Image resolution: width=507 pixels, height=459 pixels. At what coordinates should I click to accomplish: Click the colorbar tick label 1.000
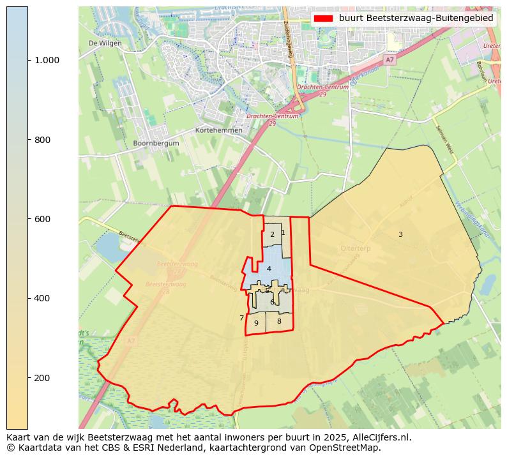click(x=47, y=60)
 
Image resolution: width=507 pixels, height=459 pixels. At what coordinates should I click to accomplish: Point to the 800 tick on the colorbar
click(x=42, y=140)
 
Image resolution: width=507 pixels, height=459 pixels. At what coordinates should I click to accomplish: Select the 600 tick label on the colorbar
click(x=42, y=219)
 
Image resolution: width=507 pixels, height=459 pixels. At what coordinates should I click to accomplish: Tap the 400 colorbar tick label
click(x=42, y=298)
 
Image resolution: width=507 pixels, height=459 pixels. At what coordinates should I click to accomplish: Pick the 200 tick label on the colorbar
click(x=42, y=378)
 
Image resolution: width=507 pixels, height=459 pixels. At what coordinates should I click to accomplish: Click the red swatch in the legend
click(x=324, y=19)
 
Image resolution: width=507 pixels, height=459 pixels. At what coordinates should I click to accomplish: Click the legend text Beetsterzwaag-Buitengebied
click(x=416, y=19)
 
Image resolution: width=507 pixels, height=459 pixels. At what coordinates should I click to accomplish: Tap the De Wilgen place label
click(x=105, y=43)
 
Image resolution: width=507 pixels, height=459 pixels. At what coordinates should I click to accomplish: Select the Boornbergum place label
click(x=156, y=144)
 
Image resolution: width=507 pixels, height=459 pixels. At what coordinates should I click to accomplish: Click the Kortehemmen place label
click(x=219, y=130)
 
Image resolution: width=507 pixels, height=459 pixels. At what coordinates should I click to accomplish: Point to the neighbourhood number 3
click(x=400, y=234)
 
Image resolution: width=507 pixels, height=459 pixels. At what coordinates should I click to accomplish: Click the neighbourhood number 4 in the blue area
click(x=269, y=269)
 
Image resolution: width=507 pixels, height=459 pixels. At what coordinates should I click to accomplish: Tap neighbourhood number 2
click(x=272, y=234)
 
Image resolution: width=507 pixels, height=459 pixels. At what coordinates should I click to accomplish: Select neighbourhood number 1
click(x=283, y=232)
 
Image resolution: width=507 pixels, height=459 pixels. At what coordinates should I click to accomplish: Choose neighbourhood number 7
click(x=241, y=318)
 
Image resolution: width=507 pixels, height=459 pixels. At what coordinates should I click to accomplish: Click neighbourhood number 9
click(x=256, y=323)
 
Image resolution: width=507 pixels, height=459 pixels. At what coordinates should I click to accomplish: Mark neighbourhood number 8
click(x=279, y=321)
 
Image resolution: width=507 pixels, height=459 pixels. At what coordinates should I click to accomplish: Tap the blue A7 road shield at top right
click(x=390, y=59)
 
